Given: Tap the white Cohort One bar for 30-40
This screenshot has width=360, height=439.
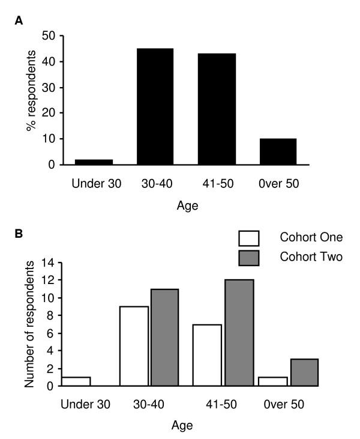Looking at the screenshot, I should [135, 346].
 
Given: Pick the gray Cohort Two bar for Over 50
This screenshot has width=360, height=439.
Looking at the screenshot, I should [303, 372].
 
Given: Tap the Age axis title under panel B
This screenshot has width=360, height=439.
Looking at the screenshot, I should [180, 425].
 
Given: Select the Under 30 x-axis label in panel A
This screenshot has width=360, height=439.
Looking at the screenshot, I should [95, 182].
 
